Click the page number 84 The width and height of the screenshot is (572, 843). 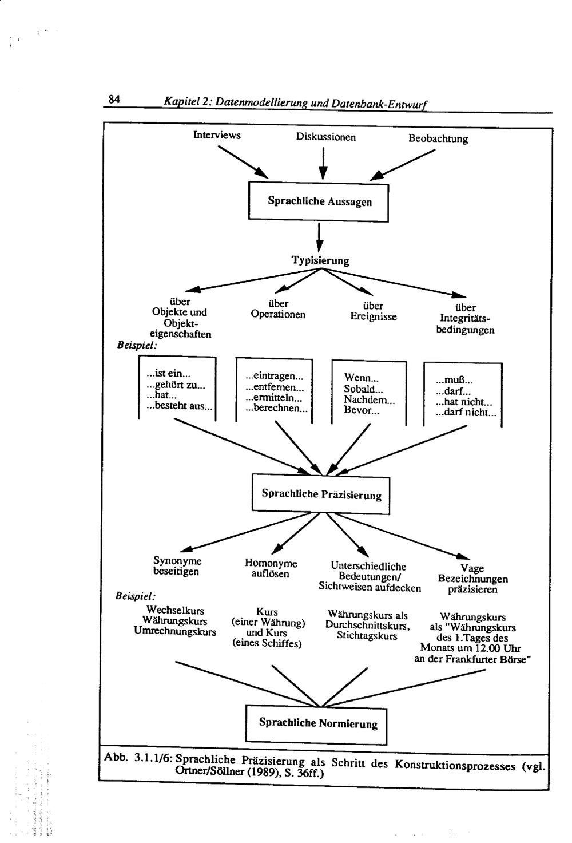pos(114,100)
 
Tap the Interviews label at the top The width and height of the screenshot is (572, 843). pos(217,136)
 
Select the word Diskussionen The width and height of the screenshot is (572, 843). pos(325,137)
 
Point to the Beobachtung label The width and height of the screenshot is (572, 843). pos(438,139)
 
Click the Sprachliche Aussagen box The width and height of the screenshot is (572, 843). pos(319,201)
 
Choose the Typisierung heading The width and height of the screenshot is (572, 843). pos(320,261)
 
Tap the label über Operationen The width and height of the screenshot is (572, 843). pos(278,310)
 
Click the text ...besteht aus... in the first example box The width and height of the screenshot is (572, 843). pos(179,407)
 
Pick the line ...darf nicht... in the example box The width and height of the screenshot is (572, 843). pos(466,413)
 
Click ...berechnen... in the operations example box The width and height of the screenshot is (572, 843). pos(276,409)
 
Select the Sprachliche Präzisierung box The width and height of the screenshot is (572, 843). pos(321,494)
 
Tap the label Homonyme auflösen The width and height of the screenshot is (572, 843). pos(271,569)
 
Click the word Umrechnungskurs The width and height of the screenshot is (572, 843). pos(175,632)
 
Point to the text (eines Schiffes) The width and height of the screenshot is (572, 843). pos(267,643)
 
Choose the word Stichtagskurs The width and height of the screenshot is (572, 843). pos(367,636)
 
